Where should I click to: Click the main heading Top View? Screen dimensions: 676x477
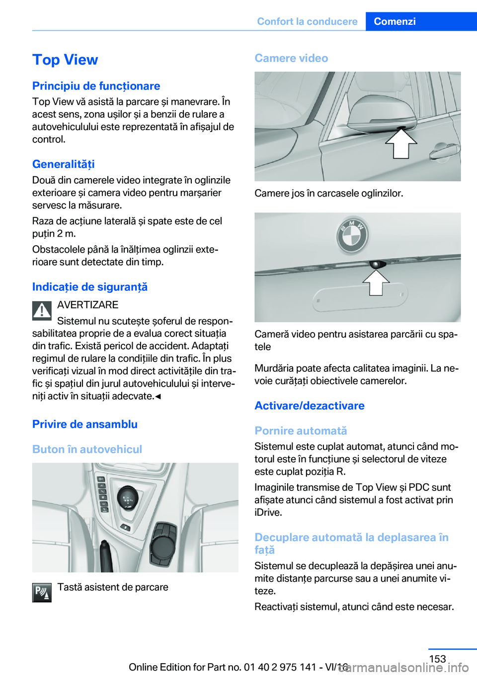pyautogui.click(x=65, y=60)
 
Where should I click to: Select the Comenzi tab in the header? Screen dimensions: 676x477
pyautogui.click(x=395, y=21)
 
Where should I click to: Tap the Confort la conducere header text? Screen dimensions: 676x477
pyautogui.click(x=307, y=21)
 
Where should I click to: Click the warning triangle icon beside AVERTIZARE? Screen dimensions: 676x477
pyautogui.click(x=42, y=311)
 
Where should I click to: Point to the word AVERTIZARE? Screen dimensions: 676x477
pyautogui.click(x=87, y=305)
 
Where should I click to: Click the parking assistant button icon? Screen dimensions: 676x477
pyautogui.click(x=42, y=593)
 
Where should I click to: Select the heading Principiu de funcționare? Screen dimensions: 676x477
pyautogui.click(x=96, y=86)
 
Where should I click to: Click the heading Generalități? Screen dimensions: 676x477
pyautogui.click(x=63, y=164)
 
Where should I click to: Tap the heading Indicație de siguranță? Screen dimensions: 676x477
pyautogui.click(x=89, y=287)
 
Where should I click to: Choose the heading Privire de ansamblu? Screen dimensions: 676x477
pyautogui.click(x=84, y=424)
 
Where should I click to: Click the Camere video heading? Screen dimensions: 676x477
pyautogui.click(x=291, y=58)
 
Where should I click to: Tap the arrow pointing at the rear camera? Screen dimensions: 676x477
pyautogui.click(x=376, y=282)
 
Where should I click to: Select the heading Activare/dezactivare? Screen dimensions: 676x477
pyautogui.click(x=309, y=406)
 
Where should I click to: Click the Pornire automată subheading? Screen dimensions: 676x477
pyautogui.click(x=301, y=431)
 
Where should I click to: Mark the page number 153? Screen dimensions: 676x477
pyautogui.click(x=437, y=659)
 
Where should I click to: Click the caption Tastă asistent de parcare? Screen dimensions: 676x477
pyautogui.click(x=113, y=587)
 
